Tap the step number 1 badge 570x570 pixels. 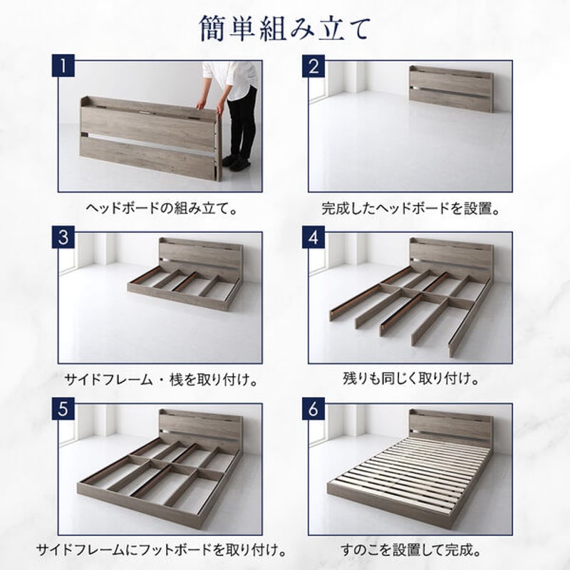[x=64, y=68]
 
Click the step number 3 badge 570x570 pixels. [x=64, y=238]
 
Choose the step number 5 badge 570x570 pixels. [x=64, y=410]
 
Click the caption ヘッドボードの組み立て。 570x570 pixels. [x=161, y=209]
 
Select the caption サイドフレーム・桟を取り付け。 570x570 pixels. [x=161, y=380]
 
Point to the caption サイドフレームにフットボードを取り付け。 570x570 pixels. [x=161, y=551]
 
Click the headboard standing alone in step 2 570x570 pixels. [x=451, y=89]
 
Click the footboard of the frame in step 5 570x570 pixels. [x=135, y=502]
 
